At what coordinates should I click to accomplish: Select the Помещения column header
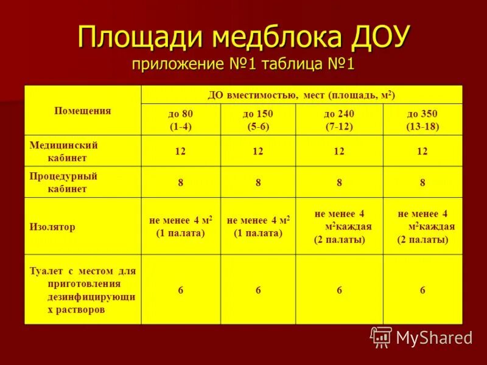pyautogui.click(x=83, y=111)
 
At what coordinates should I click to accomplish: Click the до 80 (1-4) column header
pyautogui.click(x=180, y=120)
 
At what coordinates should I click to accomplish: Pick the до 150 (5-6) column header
pyautogui.click(x=258, y=120)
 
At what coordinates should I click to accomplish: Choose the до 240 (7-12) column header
pyautogui.click(x=339, y=120)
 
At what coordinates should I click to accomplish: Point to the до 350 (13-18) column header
pyautogui.click(x=422, y=120)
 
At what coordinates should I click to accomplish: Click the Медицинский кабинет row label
pyautogui.click(x=64, y=151)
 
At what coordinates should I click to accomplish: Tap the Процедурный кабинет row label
pyautogui.click(x=64, y=182)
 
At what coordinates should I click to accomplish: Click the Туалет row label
pyautogui.click(x=83, y=290)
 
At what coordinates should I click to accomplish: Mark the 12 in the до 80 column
pyautogui.click(x=180, y=151)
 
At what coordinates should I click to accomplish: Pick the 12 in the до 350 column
pyautogui.click(x=422, y=151)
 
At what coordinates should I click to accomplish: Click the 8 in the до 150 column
pyautogui.click(x=258, y=182)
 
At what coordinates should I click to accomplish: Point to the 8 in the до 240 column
pyautogui.click(x=339, y=182)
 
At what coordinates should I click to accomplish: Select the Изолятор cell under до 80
pyautogui.click(x=180, y=226)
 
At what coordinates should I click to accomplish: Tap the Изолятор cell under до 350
pyautogui.click(x=422, y=226)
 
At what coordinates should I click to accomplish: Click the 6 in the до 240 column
pyautogui.click(x=339, y=290)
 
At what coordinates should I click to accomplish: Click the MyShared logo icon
pyautogui.click(x=381, y=336)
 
